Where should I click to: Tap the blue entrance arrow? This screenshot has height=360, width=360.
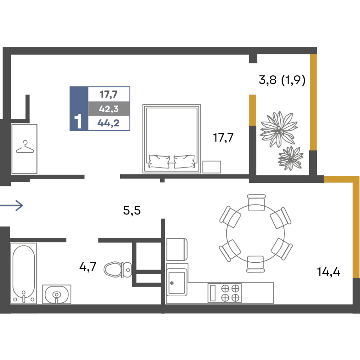tap(12, 205)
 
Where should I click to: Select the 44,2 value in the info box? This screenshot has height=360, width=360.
tap(108, 123)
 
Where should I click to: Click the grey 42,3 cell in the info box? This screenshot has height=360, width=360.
tap(109, 109)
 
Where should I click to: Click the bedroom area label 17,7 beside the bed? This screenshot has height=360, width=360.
tap(223, 138)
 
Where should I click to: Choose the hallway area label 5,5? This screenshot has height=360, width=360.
tap(132, 210)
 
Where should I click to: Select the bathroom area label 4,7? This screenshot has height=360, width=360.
tap(88, 267)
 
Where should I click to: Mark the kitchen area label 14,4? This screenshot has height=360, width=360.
tap(328, 272)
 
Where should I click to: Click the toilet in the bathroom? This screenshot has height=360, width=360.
tap(118, 270)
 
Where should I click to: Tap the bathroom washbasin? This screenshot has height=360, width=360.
tap(57, 294)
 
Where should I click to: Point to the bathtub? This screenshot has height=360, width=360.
tap(24, 273)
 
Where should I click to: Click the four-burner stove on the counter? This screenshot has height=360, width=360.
tap(225, 293)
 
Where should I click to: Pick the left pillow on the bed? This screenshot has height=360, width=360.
tap(159, 161)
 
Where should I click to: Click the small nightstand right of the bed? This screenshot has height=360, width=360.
tap(212, 167)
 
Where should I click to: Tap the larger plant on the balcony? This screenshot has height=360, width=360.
tap(279, 129)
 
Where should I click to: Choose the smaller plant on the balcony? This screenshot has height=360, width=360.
tap(291, 158)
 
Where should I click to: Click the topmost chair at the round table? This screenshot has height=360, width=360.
tap(256, 203)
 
